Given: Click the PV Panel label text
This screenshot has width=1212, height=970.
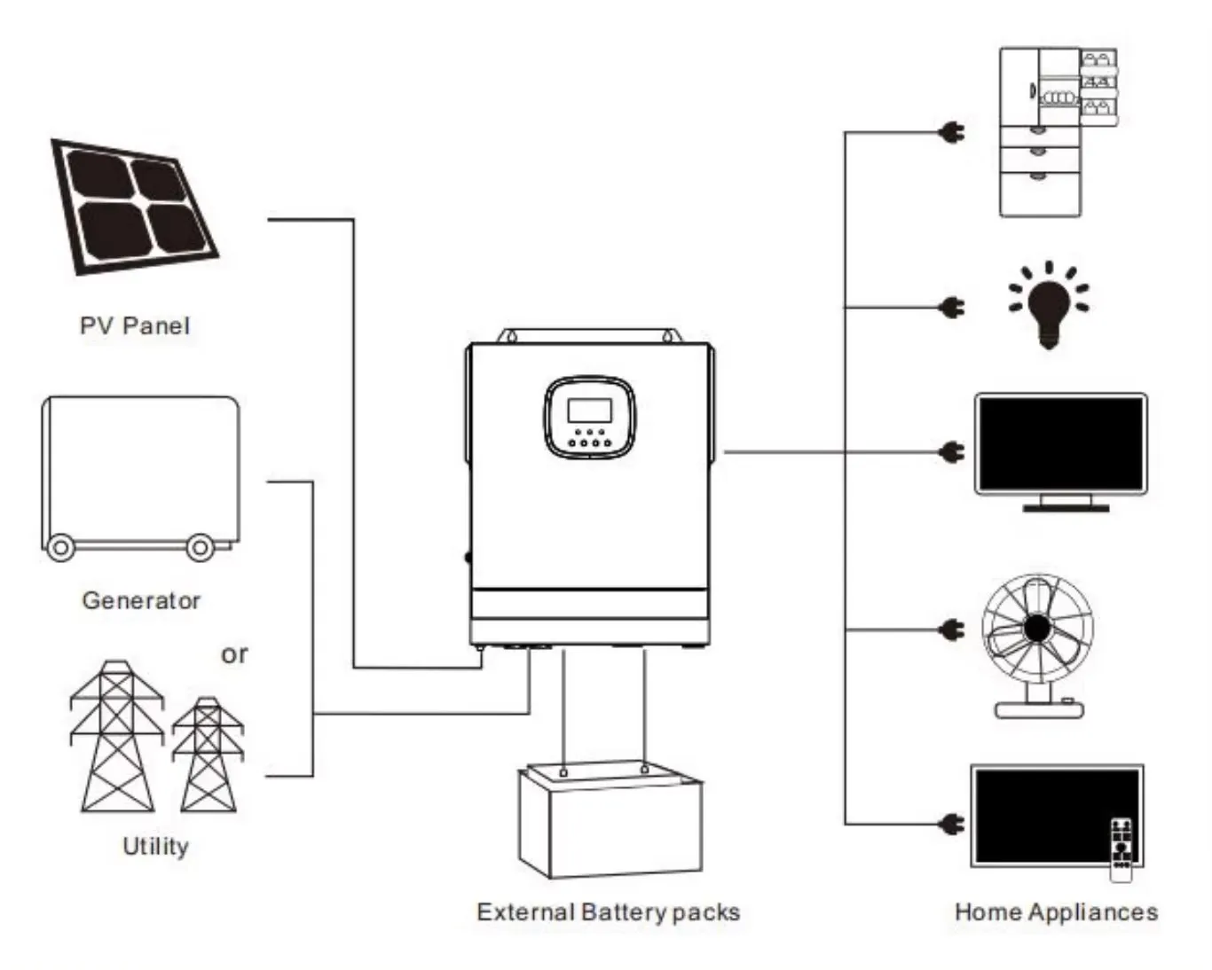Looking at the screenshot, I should (135, 326).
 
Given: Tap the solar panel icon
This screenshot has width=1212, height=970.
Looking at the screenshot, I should (134, 206).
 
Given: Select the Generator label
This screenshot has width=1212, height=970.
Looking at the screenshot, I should (141, 600).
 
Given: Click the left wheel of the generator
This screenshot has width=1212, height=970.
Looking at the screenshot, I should (60, 547).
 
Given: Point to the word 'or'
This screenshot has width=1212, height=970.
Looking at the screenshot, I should (234, 654).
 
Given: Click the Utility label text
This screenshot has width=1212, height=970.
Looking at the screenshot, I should (155, 846).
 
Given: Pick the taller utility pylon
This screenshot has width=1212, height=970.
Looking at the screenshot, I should (117, 736).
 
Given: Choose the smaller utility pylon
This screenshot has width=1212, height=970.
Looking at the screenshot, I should (208, 755).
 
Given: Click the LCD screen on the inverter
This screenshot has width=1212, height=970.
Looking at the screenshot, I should (590, 411).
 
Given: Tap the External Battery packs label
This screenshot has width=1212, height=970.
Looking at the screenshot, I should (608, 911).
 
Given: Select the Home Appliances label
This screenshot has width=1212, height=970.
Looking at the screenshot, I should (1056, 911).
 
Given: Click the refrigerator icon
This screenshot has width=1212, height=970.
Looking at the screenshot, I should (1056, 132).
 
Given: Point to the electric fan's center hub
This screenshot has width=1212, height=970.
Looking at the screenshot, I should (1036, 628).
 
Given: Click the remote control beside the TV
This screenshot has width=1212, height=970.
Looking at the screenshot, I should (1121, 850).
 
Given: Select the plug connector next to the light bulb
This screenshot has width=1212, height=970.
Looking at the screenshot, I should (952, 308).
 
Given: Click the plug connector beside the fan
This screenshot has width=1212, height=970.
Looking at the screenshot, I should (952, 630).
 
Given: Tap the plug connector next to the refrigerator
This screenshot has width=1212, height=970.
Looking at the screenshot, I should (952, 134).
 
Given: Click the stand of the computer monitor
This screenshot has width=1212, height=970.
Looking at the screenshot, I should (1066, 504).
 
